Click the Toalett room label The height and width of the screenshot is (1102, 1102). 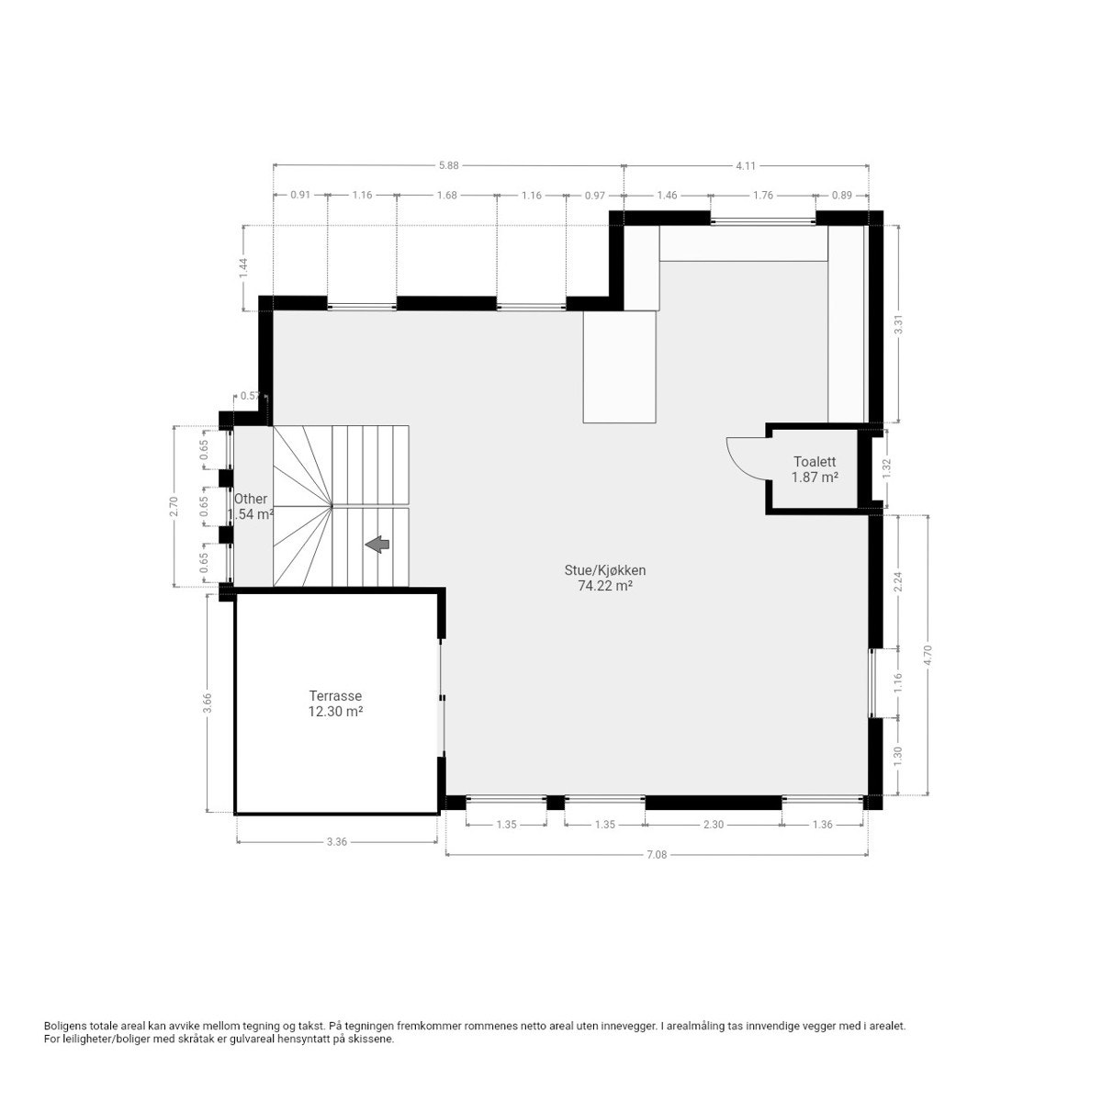click(x=813, y=462)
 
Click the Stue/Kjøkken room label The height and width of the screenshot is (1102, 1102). click(x=604, y=569)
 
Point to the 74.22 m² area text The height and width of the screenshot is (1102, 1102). click(x=604, y=585)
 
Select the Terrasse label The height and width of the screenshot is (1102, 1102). click(x=335, y=696)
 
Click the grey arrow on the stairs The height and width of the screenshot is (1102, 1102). click(x=377, y=545)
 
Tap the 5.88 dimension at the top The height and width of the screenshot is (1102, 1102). click(x=448, y=165)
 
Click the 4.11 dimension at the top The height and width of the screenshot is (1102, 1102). click(x=746, y=165)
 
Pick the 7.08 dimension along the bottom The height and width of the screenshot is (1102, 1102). click(x=656, y=854)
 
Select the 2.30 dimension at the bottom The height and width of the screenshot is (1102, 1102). click(x=714, y=825)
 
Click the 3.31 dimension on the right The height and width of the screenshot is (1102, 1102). click(x=899, y=324)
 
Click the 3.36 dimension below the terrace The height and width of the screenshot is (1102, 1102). click(x=336, y=841)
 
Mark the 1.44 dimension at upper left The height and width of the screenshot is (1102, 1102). click(x=243, y=267)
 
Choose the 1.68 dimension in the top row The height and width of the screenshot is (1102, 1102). click(x=447, y=195)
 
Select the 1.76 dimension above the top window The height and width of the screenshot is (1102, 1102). click(x=763, y=195)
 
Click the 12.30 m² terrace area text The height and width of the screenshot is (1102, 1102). click(x=335, y=711)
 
